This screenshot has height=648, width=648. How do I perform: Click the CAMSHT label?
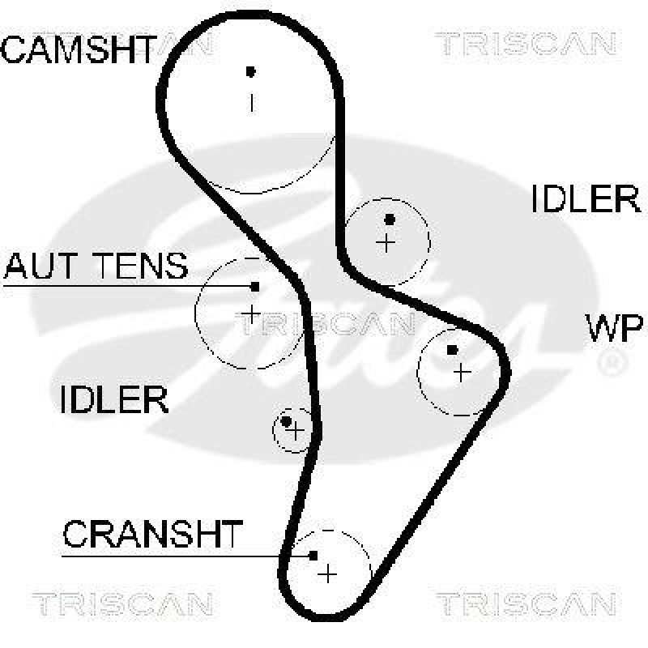coord(77,50)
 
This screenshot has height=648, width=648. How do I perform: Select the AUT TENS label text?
coord(96,266)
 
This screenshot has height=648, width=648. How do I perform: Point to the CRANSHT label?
coord(153,534)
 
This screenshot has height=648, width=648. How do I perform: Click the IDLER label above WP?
coord(586,198)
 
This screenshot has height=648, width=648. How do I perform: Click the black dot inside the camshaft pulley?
coord(251,71)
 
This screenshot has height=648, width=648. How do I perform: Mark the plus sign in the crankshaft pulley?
coord(327,573)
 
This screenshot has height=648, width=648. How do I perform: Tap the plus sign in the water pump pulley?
coord(462,373)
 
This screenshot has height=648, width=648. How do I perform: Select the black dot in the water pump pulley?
coord(452,350)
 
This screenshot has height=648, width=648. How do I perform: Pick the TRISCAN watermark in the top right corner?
coord(526,44)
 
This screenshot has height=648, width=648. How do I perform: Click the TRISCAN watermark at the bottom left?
coord(122,603)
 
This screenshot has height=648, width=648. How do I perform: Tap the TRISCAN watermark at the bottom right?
coord(526,603)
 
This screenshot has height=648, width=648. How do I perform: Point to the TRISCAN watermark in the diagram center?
coord(324,324)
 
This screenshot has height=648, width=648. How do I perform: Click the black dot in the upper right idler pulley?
coord(390,219)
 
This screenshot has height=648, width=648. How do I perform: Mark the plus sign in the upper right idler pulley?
coord(387,241)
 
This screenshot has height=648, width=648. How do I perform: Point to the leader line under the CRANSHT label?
coord(186,556)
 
